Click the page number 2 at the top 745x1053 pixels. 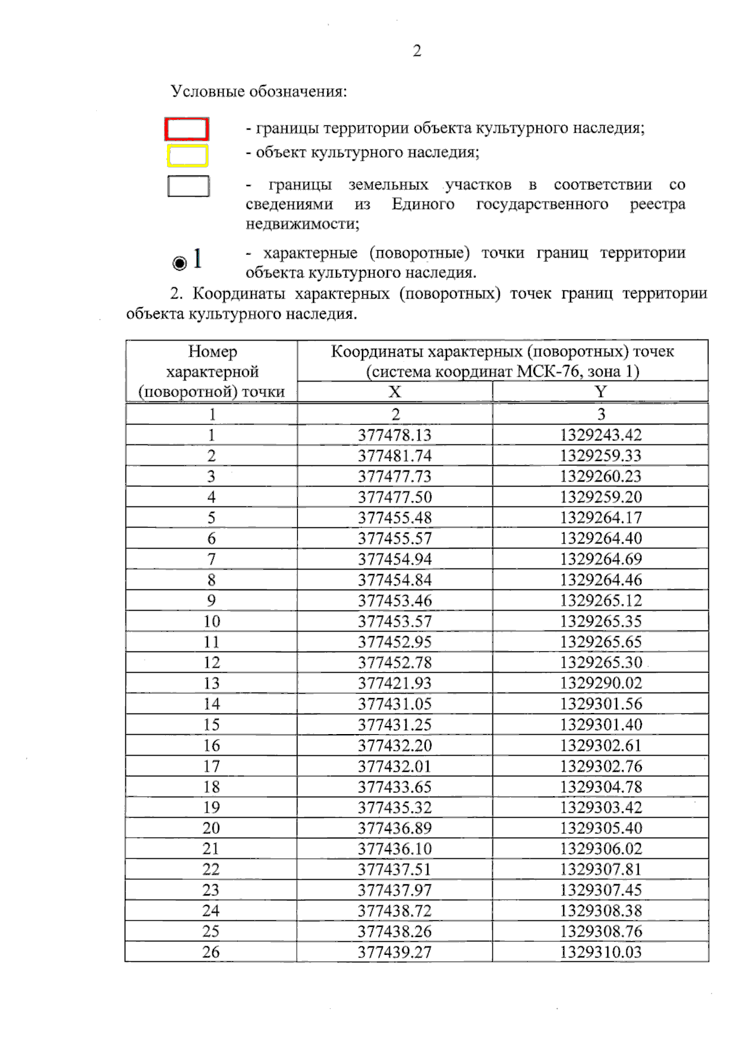click(417, 51)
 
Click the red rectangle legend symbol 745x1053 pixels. click(186, 129)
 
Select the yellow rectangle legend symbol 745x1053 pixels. click(187, 156)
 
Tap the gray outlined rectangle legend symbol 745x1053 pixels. click(188, 186)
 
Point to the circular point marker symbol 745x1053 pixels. click(179, 263)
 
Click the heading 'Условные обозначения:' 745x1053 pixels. click(259, 92)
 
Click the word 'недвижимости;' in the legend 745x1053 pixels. click(302, 224)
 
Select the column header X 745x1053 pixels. click(395, 392)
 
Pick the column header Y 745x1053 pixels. click(600, 392)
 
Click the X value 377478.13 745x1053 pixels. click(395, 435)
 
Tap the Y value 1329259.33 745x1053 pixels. click(600, 455)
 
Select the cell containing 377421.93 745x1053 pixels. click(395, 683)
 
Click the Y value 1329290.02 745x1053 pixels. click(600, 683)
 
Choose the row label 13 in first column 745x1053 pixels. click(212, 683)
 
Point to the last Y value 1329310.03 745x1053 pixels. click(600, 952)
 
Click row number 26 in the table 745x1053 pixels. click(211, 952)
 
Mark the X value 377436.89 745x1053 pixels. click(395, 828)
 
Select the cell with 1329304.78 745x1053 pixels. click(600, 787)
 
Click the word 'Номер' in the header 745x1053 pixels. click(212, 352)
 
